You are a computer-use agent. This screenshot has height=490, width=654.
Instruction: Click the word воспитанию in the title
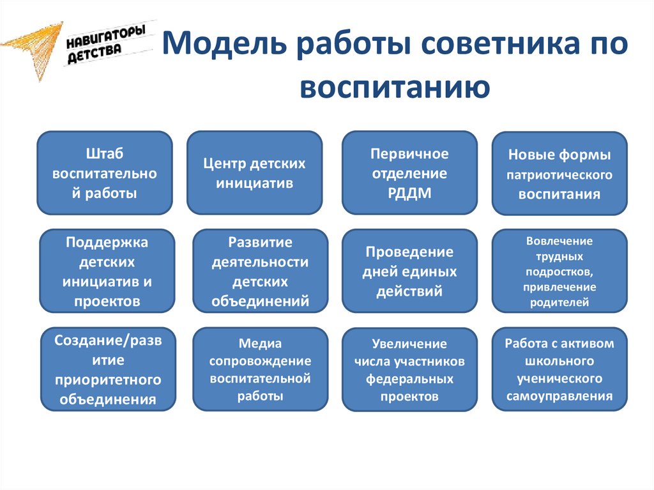395,86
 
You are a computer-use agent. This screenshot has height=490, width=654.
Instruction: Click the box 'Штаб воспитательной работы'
105,172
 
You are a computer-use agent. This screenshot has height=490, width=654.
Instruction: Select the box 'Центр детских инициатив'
254,172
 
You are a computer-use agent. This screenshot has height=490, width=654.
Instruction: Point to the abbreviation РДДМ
409,193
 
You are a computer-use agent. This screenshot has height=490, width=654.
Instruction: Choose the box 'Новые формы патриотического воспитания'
559,174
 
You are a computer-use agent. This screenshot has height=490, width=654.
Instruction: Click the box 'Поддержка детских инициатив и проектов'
107,271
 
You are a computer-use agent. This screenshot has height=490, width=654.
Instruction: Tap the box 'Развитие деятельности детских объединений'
261,271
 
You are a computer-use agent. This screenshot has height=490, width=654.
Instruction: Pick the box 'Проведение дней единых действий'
409,271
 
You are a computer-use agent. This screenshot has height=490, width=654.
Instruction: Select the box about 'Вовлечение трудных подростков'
559,271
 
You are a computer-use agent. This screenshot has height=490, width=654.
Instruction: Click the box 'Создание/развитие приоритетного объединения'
108,369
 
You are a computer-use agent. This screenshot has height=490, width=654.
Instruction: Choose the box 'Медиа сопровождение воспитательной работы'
261,369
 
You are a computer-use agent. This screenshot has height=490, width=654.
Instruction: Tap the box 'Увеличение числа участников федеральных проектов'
409,369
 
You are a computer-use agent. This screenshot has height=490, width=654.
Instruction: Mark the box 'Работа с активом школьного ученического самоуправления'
559,369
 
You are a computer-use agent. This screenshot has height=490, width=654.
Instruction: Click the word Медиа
260,344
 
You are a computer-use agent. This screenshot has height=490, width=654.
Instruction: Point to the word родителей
559,302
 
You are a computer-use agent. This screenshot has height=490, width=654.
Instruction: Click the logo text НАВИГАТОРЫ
106,36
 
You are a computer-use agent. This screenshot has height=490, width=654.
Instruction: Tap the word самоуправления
559,395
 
